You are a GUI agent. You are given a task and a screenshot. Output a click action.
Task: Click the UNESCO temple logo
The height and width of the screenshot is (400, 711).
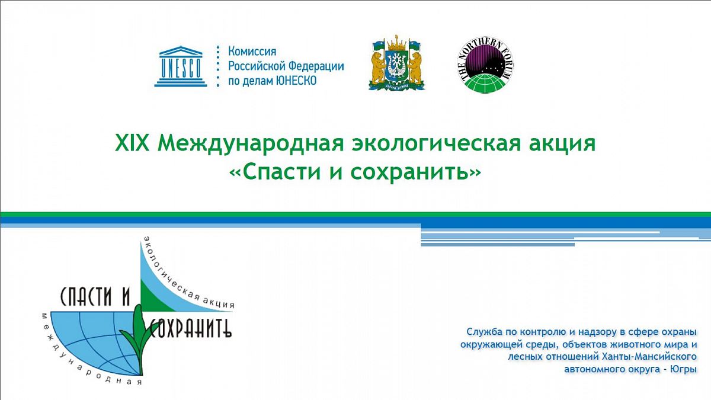point(181,66)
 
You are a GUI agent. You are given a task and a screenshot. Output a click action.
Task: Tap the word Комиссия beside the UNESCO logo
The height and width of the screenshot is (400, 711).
point(252,51)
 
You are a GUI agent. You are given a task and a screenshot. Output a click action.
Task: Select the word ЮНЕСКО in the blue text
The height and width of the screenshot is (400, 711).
point(296,81)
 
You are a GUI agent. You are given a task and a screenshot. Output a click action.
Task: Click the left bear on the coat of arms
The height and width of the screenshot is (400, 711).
point(378,68)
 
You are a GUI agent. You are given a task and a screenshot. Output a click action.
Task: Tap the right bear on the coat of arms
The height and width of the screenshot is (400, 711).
point(416,68)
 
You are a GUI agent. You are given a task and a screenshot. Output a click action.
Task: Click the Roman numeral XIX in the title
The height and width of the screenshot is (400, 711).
point(132,143)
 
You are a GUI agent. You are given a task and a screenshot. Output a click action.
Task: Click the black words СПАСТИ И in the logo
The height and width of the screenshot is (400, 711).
point(95,296)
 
